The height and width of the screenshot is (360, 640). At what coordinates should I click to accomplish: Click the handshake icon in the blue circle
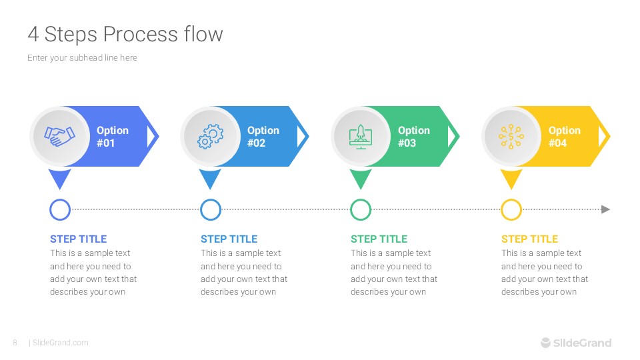pos(59,136)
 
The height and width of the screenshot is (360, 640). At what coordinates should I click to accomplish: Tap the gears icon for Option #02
pos(210,136)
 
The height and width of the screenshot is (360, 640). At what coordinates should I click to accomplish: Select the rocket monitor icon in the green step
pos(361,136)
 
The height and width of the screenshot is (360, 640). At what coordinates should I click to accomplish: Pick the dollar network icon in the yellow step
pos(511,136)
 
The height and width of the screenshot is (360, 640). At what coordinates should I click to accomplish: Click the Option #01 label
pos(112,137)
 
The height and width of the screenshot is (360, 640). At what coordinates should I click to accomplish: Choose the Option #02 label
pos(263,137)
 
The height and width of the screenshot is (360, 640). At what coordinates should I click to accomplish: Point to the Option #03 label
pos(413,137)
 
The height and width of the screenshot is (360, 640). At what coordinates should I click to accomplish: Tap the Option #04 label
pos(564,137)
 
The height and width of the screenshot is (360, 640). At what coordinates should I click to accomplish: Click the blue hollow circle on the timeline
pos(60,209)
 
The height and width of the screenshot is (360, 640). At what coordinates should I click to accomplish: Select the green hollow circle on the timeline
pos(361,209)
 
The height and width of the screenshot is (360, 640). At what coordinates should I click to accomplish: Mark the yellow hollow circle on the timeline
pos(511,209)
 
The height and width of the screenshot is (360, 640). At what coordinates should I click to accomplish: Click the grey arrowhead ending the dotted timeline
pos(605,209)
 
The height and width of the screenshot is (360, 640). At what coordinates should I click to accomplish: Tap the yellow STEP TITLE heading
pos(529,239)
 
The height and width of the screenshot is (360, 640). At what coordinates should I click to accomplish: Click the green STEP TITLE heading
pos(379,239)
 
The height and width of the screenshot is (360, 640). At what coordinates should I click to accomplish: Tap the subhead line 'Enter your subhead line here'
pos(82,58)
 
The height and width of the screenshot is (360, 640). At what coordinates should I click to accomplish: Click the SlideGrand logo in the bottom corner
pos(575,343)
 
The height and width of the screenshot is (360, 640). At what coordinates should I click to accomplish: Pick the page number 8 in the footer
pos(15,343)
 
